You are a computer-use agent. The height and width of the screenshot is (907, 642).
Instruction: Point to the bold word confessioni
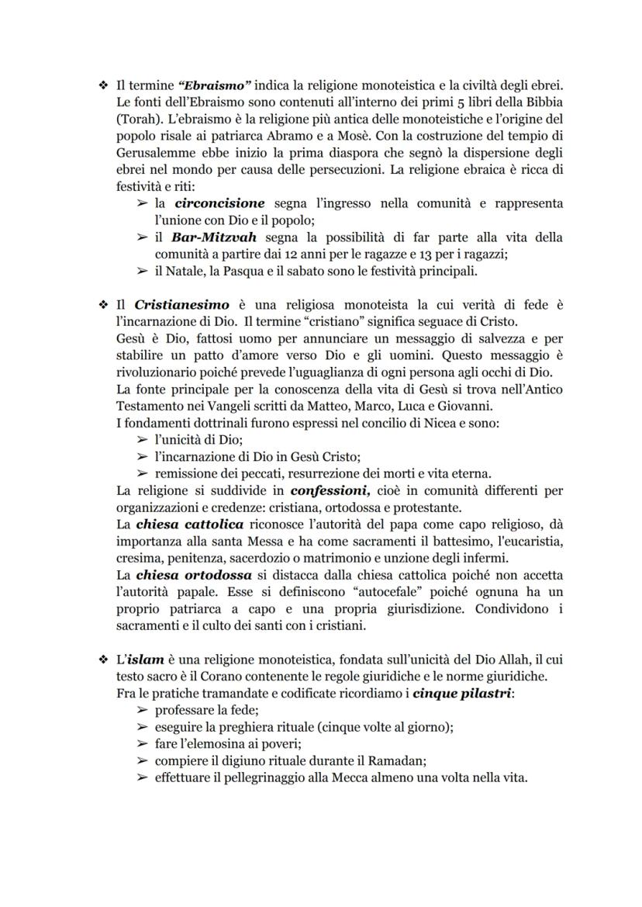332,491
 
